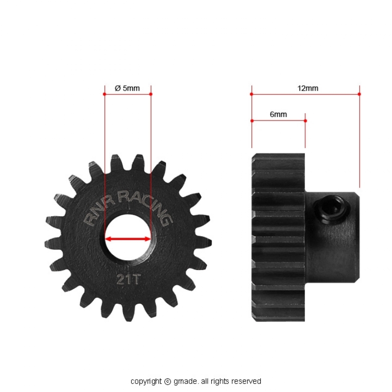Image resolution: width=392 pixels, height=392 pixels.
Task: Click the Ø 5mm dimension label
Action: pos(127,88)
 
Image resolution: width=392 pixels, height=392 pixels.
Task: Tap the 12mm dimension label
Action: pos(308,88)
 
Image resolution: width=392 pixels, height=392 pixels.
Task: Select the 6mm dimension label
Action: pos(278,115)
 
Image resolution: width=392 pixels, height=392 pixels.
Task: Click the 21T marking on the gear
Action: pos(128,279)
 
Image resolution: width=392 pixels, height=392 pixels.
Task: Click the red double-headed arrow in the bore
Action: pos(128,239)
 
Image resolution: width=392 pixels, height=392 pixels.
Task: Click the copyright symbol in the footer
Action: pos(167,382)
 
